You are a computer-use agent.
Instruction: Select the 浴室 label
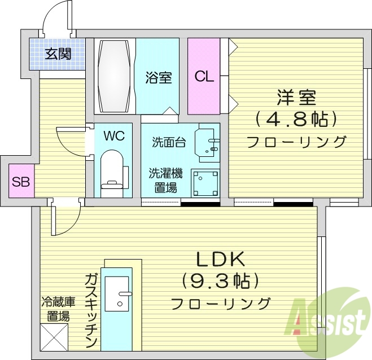pos(158,77)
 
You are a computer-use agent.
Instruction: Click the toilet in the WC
pos(112,169)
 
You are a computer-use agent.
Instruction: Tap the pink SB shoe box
pos(21,181)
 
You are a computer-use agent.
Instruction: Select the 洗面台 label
pos(168,142)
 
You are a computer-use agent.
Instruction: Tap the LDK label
pos(220,259)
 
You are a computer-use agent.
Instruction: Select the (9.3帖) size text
pos(220,280)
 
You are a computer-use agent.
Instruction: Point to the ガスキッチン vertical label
pos(91,310)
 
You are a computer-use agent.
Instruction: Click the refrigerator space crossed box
pos(55,337)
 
